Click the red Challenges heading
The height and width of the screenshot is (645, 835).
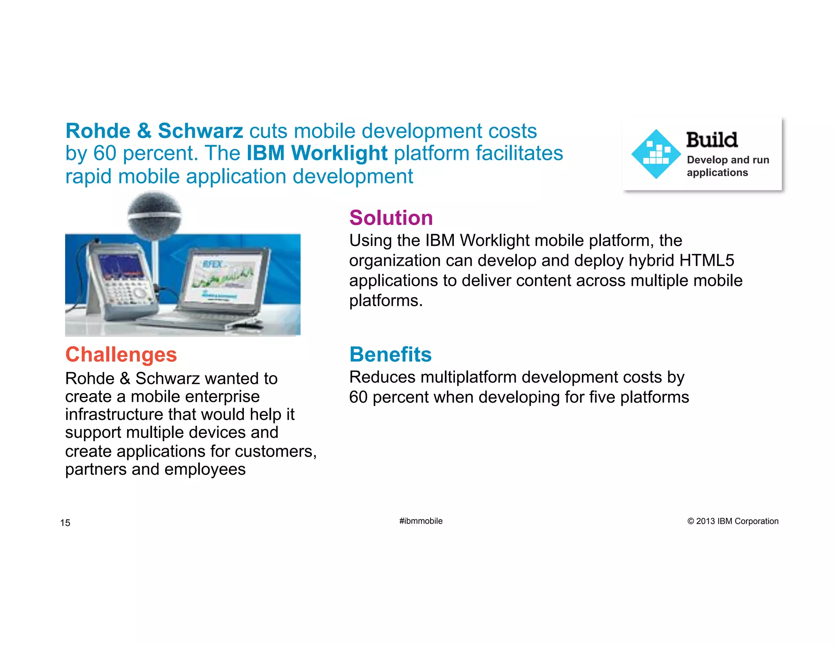click(x=121, y=354)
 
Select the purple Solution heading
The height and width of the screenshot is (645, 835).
click(x=391, y=218)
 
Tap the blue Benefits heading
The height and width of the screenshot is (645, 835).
click(x=390, y=354)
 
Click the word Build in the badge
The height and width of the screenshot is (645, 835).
click(x=711, y=140)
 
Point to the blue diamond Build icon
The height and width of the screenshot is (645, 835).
click(x=656, y=154)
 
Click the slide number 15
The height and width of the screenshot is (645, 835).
click(x=65, y=523)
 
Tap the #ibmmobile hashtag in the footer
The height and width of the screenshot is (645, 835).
click(x=421, y=521)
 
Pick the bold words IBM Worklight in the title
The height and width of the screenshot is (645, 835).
click(x=317, y=153)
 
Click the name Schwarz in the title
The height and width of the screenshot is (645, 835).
click(x=200, y=131)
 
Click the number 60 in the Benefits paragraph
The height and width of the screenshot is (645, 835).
click(x=358, y=397)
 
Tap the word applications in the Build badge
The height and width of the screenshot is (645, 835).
click(x=717, y=172)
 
